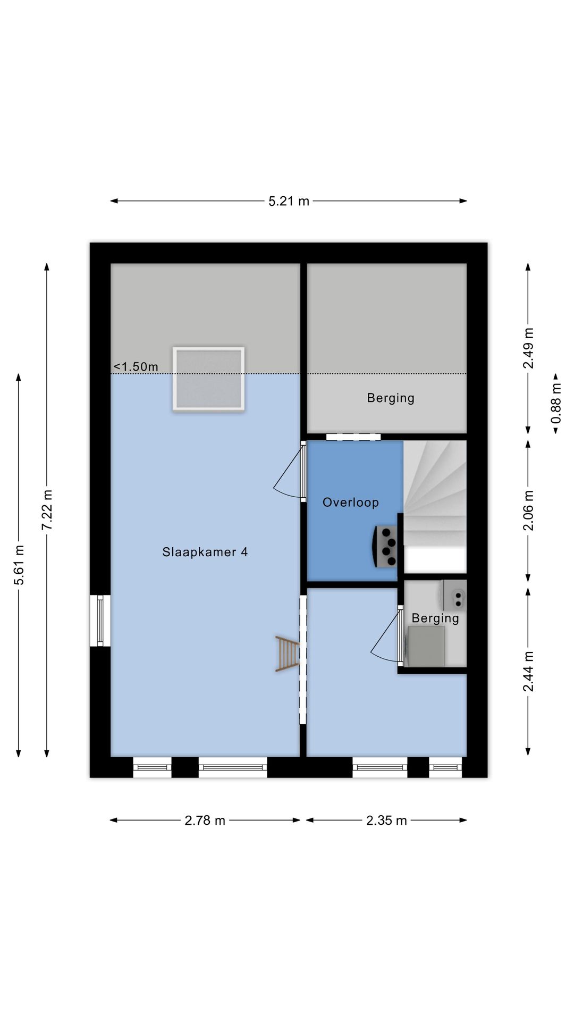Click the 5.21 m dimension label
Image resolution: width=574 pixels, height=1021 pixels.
289,201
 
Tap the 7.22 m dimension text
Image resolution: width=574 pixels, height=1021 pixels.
47,509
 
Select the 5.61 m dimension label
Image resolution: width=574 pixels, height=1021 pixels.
19,565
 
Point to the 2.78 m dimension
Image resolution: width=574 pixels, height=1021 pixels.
205,821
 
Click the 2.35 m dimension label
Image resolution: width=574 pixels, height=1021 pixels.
386,821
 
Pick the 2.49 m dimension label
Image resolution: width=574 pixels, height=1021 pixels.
528,348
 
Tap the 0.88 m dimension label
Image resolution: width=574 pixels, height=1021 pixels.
556,404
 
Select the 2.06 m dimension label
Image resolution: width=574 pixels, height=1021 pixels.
528,510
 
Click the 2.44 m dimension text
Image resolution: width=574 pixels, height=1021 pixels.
528,671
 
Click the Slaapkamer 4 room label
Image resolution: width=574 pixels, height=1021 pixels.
205,552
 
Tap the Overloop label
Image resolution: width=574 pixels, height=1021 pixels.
350,503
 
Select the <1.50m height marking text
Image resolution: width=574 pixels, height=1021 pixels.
136,366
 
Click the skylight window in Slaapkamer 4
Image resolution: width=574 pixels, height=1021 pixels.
208,379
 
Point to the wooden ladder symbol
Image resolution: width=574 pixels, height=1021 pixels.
287,654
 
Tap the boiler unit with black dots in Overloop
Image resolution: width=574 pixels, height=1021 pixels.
386,546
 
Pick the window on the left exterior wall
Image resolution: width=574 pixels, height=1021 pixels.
100,621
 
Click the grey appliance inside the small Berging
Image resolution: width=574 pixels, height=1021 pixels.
425,646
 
